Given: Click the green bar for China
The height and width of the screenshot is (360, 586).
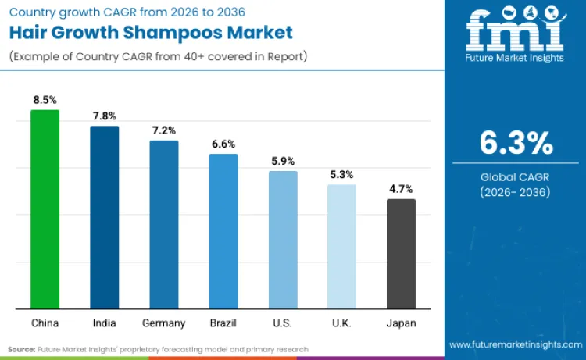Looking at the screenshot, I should tap(45, 209).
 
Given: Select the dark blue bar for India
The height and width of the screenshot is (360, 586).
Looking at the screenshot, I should tap(104, 217).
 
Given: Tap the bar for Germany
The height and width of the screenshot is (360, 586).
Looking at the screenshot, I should tap(164, 224).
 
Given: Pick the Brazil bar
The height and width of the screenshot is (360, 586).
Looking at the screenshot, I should tap(223, 231).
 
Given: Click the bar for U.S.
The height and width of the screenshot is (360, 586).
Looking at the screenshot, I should tap(283, 240).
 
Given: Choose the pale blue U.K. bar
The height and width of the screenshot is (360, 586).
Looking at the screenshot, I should tap(341, 246).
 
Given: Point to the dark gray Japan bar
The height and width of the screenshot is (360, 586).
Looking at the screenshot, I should tap(401, 254).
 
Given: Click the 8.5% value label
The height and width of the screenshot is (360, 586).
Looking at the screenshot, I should tap(45, 100).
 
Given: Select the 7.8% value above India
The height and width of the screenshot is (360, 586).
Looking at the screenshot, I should tap(104, 116).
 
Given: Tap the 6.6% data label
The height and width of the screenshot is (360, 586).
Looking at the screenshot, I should tap(223, 144).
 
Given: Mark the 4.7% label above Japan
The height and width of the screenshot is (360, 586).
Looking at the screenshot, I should tap(401, 188).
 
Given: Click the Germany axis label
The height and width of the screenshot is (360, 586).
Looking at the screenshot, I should tap(164, 323).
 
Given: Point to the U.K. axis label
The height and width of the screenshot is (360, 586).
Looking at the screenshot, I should tap(341, 323).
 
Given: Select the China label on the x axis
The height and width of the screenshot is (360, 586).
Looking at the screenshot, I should tap(45, 323).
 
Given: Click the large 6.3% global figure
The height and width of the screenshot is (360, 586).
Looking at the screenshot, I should tap(516, 144).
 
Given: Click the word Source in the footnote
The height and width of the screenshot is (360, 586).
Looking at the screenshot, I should tap(21, 349).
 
